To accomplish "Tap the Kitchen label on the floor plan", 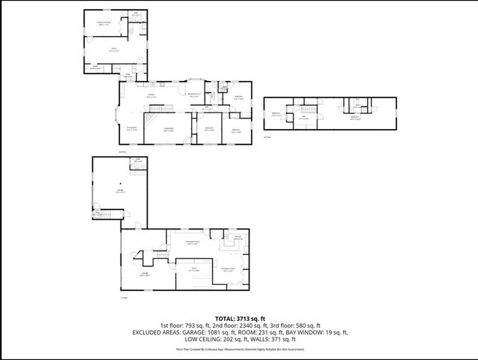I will point(151,95).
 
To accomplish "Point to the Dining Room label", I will point(131,129).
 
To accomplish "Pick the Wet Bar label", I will point(238,238).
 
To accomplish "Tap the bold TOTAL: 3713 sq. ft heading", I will point(239,318).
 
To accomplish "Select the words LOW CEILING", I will point(190,339).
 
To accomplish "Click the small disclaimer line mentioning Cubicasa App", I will point(239,349).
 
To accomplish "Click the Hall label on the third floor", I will point(304,116).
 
